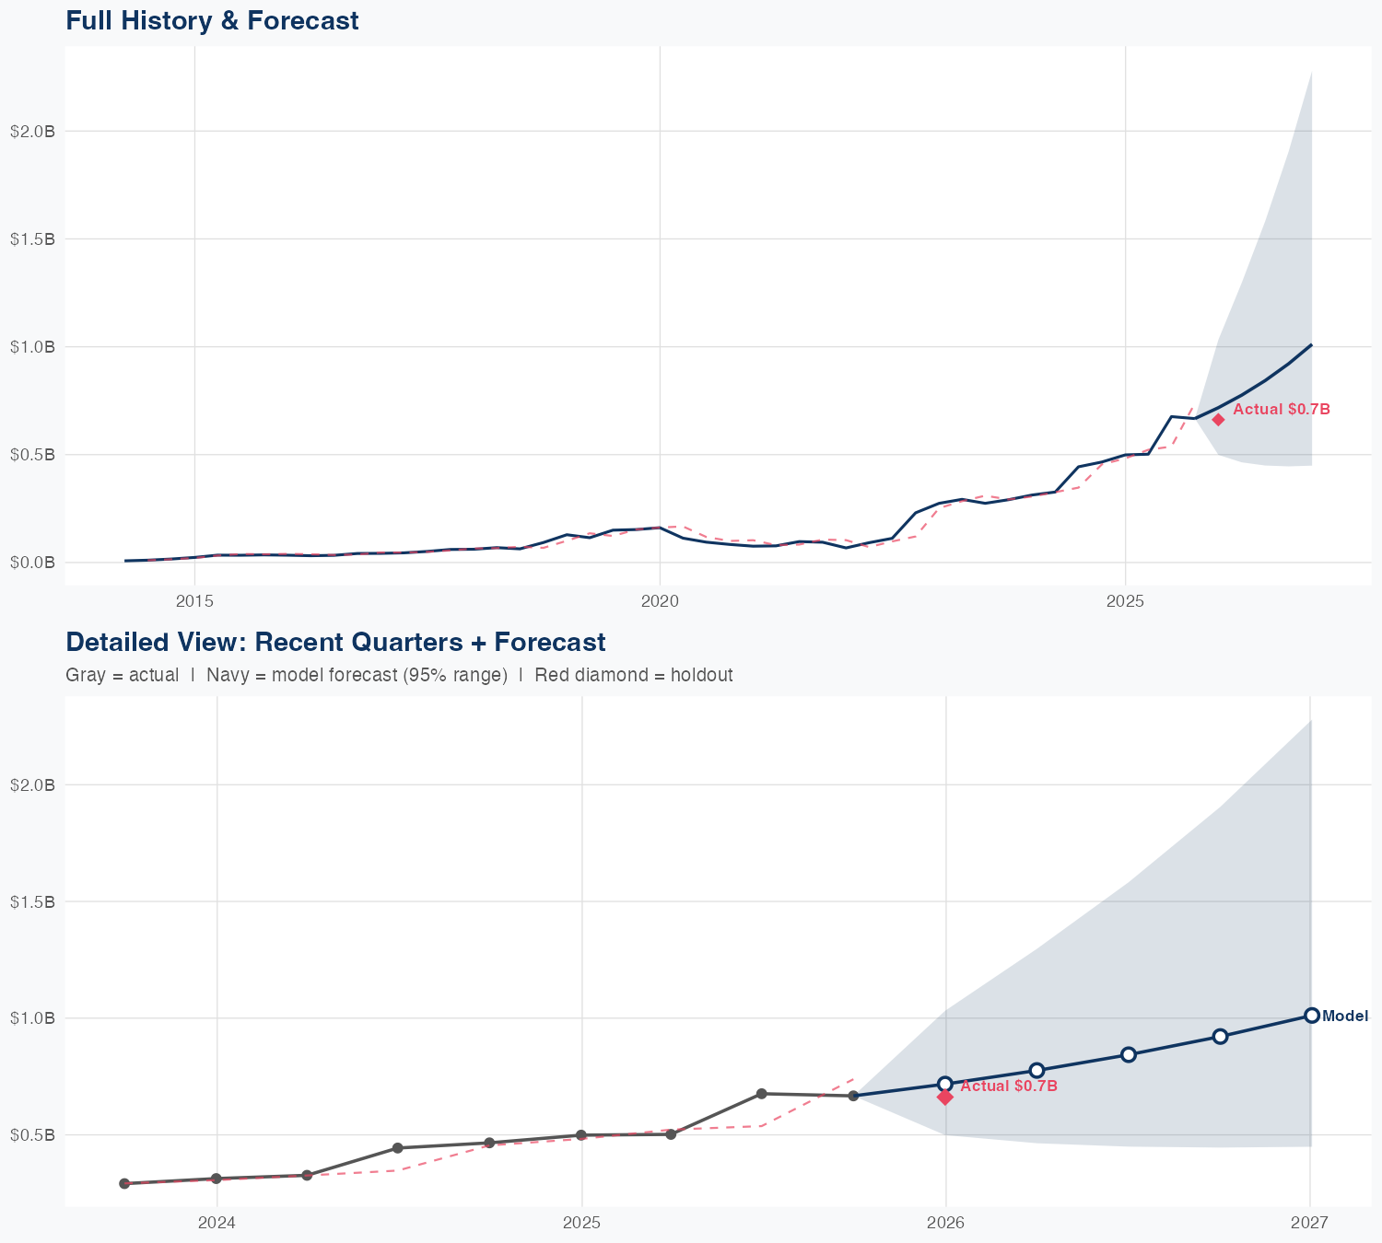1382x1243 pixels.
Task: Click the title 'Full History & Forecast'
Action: point(212,20)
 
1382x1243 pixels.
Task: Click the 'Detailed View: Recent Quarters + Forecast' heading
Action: point(335,642)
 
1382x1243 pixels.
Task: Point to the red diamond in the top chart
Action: point(1218,420)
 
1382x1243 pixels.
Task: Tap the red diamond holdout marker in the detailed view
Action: point(945,1097)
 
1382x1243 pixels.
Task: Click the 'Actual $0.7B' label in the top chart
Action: point(1281,410)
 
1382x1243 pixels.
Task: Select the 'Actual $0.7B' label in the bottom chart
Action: point(1008,1086)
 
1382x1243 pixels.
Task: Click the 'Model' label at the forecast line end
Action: point(1344,1016)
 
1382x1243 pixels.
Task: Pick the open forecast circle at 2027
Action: point(1311,1016)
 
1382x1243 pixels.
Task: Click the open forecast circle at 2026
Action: point(945,1084)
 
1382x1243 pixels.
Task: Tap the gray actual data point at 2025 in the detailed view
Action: point(580,1135)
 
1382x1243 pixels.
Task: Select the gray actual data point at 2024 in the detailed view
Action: point(217,1179)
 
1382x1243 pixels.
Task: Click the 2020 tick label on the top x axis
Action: point(660,602)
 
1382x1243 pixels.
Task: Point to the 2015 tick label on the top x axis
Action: point(194,602)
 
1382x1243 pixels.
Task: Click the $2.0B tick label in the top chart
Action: point(33,132)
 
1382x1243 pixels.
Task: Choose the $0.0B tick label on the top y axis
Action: point(33,563)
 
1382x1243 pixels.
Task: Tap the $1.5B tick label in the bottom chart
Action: point(33,901)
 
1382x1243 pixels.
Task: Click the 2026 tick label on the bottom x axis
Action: point(945,1224)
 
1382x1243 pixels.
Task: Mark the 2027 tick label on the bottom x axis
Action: point(1309,1224)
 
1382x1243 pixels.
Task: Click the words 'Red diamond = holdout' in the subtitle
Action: point(633,675)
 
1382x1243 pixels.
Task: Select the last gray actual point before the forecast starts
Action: point(853,1096)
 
